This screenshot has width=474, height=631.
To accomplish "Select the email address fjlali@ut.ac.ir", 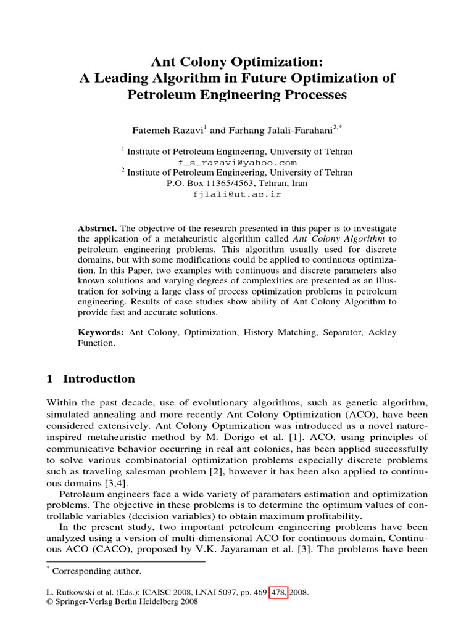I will (x=237, y=194).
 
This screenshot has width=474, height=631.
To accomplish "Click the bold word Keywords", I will (x=100, y=332).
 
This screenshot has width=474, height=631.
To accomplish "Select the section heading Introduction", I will (x=99, y=379).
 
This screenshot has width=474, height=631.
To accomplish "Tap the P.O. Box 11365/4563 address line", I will (x=237, y=184).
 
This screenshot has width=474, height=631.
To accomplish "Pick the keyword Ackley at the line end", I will (x=382, y=332).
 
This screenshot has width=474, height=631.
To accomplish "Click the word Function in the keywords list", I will (x=94, y=343).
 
